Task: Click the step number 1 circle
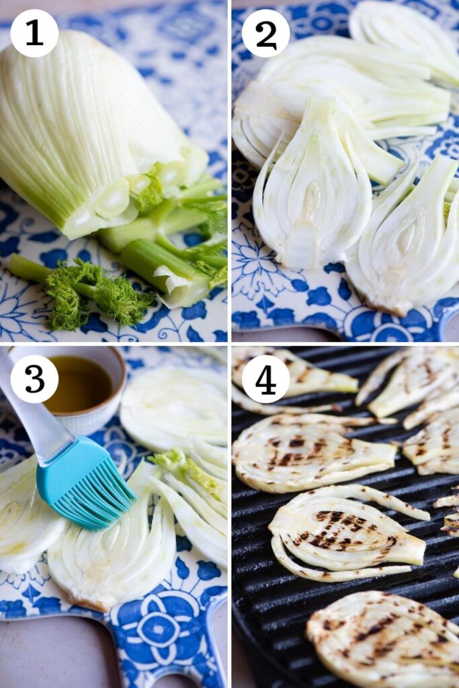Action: (34, 33)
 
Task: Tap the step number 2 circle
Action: (265, 33)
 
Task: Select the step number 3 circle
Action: (34, 379)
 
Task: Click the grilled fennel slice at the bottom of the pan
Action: (383, 638)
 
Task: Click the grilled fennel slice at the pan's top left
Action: (296, 376)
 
